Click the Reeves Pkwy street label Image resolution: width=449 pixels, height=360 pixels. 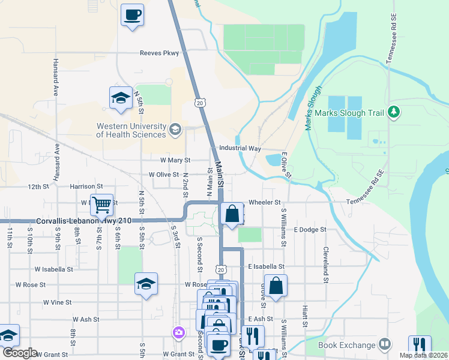tap(160, 53)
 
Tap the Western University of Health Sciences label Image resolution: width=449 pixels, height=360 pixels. tap(131, 130)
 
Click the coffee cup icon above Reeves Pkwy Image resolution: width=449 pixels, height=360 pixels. tap(132, 14)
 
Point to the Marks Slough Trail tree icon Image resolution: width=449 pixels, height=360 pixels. tap(394, 112)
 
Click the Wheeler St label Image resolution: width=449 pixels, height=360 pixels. tap(265, 203)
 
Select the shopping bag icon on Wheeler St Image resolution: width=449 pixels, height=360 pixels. tap(232, 213)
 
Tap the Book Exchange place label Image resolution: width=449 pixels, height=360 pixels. tap(346, 344)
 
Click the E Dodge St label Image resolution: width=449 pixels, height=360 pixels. tap(310, 229)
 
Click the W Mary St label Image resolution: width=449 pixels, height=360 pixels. tap(175, 160)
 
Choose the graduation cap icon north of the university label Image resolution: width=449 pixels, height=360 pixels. tap(121, 98)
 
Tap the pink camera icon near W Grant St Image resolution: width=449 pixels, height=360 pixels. tap(178, 332)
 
